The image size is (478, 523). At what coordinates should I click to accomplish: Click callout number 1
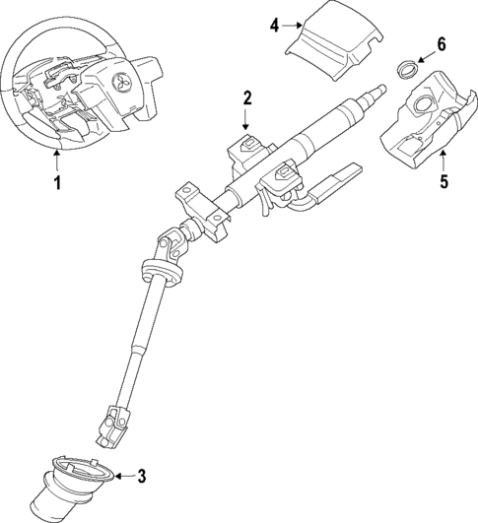tap(56, 183)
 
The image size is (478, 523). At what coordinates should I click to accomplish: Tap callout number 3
tap(141, 477)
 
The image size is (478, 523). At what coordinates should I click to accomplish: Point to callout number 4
tap(274, 26)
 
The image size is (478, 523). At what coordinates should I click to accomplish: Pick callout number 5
tap(444, 181)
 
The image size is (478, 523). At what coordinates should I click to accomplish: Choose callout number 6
tap(441, 44)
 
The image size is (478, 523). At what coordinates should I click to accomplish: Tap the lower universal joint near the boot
tap(116, 422)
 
